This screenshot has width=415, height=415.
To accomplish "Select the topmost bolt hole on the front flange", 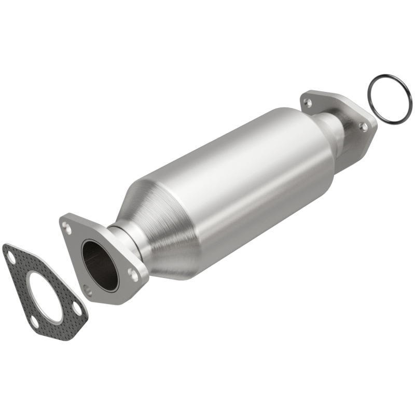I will [x=66, y=226].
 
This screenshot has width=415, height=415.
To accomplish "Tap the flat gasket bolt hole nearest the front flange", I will [x=77, y=310].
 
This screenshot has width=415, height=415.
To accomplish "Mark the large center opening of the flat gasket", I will [x=41, y=291].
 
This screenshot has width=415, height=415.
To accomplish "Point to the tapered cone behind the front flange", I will [x=161, y=228].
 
